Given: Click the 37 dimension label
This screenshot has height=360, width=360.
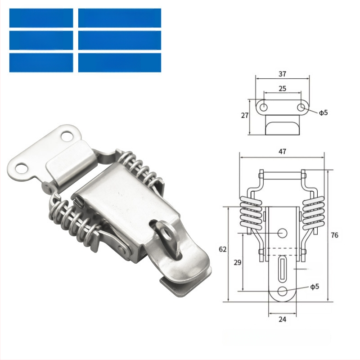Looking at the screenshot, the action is [x=283, y=74].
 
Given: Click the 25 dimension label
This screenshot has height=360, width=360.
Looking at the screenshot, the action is [x=283, y=89].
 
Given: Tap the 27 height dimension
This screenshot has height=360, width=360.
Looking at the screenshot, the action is [x=245, y=115].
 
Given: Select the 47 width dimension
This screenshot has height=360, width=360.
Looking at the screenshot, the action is [x=283, y=152].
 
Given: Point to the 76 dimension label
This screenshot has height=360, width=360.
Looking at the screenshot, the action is [x=334, y=235].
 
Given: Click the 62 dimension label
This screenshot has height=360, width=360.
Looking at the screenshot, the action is [x=223, y=249].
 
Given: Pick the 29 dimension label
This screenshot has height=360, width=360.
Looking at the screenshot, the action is [x=238, y=262].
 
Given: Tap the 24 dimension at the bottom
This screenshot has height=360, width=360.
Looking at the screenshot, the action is [x=283, y=319].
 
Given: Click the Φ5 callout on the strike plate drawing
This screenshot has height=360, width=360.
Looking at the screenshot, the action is [x=323, y=113].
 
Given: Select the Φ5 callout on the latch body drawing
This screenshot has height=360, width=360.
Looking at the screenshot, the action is [x=315, y=287].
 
